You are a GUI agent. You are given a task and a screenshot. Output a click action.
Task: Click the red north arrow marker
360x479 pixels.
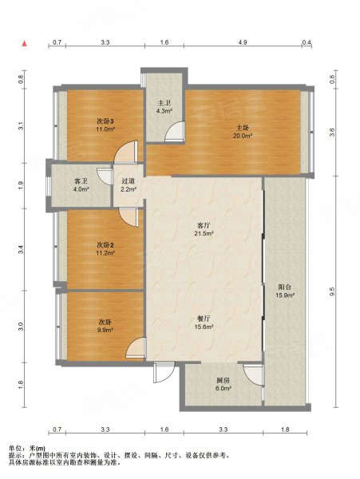point(25,43)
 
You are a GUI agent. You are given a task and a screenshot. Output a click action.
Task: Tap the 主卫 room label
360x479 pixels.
point(164,103)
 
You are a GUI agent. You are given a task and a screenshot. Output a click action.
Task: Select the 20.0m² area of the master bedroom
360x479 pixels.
point(243,136)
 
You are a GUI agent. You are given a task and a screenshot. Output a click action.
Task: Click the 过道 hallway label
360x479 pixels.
point(128,181)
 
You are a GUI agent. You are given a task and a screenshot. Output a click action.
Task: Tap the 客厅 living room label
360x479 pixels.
point(204,226)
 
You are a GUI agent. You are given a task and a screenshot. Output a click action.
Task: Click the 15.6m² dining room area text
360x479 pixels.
point(204,327)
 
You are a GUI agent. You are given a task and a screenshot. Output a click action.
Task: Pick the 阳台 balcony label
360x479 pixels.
point(285,287)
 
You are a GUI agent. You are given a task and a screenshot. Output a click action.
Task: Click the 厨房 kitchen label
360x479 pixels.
point(224,380)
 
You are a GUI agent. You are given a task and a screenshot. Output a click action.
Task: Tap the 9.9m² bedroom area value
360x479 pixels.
point(105,330)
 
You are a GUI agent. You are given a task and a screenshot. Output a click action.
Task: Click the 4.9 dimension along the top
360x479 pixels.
point(243,42)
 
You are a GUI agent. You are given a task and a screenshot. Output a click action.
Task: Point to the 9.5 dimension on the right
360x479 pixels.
point(333,291)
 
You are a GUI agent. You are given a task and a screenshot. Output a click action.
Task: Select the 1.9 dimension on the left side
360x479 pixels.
point(21,185)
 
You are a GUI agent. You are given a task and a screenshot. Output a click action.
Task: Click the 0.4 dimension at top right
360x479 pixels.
point(307,42)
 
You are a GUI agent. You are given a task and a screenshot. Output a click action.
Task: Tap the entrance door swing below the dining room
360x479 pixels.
point(164,372)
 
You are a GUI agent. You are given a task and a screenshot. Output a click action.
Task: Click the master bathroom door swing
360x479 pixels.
point(175,132)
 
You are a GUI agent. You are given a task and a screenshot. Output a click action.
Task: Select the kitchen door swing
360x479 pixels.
point(253,374)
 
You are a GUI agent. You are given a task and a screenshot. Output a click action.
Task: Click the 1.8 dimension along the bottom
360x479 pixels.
point(285,430)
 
